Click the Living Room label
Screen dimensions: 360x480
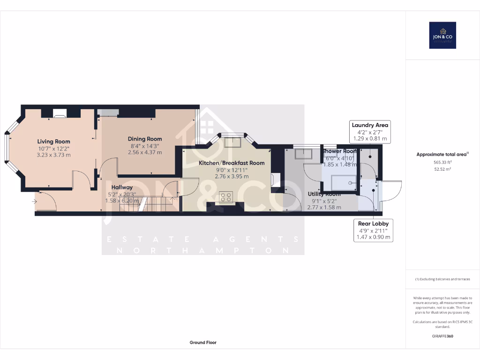point(53,141)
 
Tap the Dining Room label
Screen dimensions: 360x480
point(145,139)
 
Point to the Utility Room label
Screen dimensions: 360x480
point(324,194)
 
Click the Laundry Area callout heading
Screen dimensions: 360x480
point(370,125)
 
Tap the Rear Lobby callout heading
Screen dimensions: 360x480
point(373,224)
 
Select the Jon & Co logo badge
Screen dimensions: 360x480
point(442,35)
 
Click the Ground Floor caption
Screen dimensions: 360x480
point(203,343)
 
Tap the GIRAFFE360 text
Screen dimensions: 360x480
point(442,336)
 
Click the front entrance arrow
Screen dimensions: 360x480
point(34,202)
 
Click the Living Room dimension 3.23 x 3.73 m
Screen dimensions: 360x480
point(53,155)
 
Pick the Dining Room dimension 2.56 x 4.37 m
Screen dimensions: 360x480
point(145,152)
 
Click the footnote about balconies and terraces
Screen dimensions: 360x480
point(442,279)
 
